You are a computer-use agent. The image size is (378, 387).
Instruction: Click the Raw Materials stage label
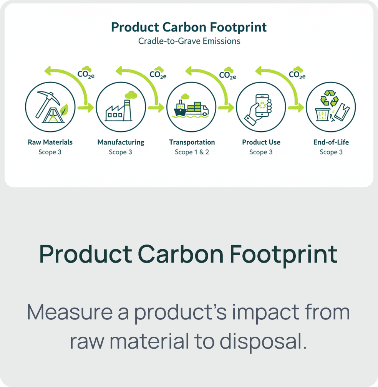click(50, 142)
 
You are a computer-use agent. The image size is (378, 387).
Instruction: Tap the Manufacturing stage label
click(121, 142)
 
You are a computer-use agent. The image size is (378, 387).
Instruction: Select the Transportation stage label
click(192, 142)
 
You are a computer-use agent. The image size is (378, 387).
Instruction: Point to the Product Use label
click(261, 142)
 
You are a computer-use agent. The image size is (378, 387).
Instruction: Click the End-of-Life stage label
click(331, 142)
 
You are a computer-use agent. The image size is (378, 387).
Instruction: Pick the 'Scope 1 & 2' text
click(192, 152)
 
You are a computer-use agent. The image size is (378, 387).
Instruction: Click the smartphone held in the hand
click(262, 104)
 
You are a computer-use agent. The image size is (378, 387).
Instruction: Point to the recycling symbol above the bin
click(331, 98)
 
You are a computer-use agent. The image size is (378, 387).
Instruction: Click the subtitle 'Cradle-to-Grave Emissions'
click(189, 41)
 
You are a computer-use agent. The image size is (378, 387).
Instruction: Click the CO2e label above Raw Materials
click(86, 74)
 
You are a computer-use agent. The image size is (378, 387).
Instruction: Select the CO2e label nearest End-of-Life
click(297, 74)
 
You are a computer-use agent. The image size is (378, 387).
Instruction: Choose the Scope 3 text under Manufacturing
click(120, 152)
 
